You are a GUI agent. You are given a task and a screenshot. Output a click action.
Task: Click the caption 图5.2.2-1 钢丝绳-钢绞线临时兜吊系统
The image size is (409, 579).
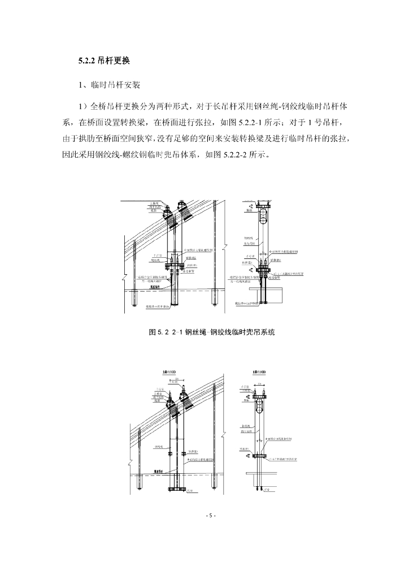click(x=211, y=332)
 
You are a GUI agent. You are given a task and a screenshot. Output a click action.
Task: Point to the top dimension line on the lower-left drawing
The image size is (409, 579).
click(x=177, y=379)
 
